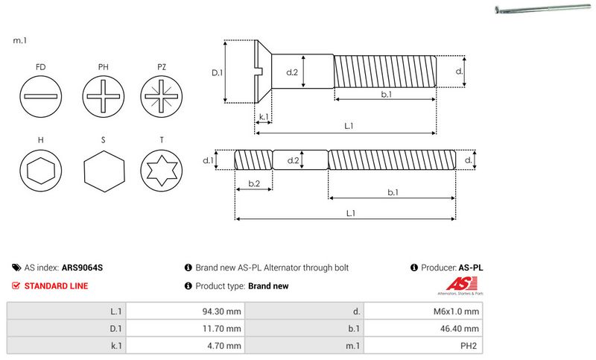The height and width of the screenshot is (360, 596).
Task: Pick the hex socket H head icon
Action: pyautogui.click(x=40, y=172)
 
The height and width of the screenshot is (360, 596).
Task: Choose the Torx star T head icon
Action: pyautogui.click(x=161, y=172)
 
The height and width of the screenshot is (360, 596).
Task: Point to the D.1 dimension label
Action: pyautogui.click(x=217, y=72)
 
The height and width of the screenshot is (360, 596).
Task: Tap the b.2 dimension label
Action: pyautogui.click(x=253, y=183)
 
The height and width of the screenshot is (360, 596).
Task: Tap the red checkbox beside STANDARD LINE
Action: pyautogui.click(x=16, y=285)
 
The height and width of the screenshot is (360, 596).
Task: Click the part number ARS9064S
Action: pyautogui.click(x=82, y=267)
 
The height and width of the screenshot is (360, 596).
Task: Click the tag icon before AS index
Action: pyautogui.click(x=16, y=267)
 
